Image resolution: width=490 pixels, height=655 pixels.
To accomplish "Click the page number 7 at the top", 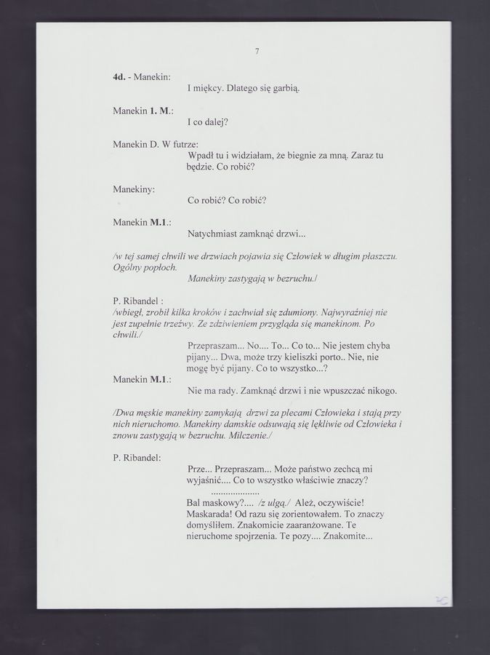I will (x=257, y=51).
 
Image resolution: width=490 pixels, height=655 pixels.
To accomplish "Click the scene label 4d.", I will (x=119, y=76).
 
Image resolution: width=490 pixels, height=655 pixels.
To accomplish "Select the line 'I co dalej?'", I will (x=208, y=122).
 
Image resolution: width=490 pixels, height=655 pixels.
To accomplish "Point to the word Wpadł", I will (x=201, y=155).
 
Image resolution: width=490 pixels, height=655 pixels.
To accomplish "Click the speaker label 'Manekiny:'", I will (x=134, y=188).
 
